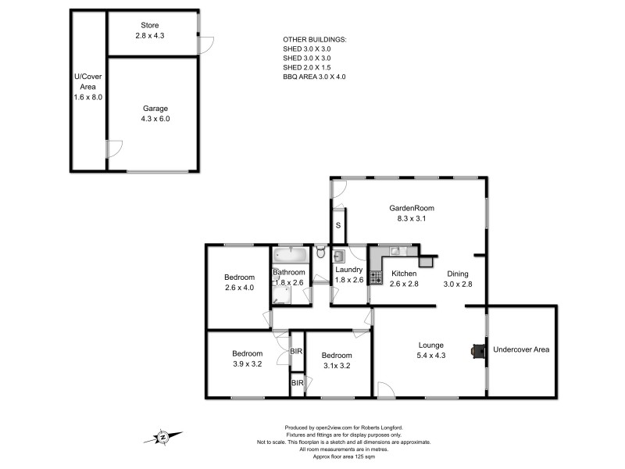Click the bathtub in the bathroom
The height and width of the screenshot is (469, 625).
click(x=291, y=256)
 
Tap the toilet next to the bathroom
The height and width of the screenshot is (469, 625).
click(x=320, y=252)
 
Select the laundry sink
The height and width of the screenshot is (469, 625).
click(x=340, y=257)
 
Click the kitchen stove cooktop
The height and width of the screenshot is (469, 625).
click(x=375, y=277)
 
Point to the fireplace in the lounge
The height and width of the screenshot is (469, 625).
click(x=476, y=352)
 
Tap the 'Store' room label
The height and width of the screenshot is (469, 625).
click(x=149, y=26)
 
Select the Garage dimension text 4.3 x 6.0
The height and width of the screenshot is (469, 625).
click(x=155, y=119)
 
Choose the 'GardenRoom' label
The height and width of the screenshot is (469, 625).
click(x=411, y=209)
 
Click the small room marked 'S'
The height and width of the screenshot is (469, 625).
click(x=337, y=226)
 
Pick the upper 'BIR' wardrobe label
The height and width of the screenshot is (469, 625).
click(x=296, y=353)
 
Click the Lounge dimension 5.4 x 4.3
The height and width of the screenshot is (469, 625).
click(x=430, y=356)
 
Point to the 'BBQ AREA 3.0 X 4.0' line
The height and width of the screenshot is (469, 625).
click(x=313, y=77)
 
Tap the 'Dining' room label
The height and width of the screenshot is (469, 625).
click(x=457, y=274)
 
